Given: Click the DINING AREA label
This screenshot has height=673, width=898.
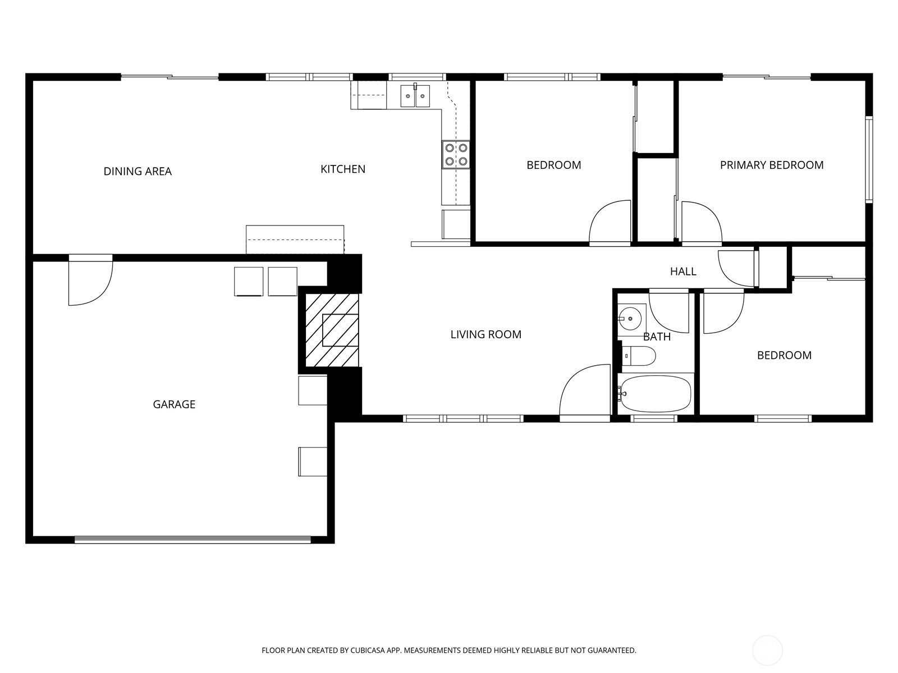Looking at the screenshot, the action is click(138, 171).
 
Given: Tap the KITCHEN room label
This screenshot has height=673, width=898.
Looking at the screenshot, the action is click(343, 169).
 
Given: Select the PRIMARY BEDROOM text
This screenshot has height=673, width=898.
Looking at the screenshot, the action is click(772, 165).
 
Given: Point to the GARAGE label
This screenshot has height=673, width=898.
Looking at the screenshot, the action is click(174, 404).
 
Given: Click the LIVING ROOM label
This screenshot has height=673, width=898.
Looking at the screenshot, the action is click(485, 334).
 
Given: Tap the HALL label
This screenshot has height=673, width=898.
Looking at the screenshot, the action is click(683, 271).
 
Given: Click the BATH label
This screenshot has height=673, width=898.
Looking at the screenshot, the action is click(657, 336).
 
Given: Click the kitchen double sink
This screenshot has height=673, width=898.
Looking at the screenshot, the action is click(415, 96).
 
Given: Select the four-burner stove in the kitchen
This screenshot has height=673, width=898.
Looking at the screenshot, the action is click(456, 155).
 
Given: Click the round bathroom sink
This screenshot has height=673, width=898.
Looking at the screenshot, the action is click(630, 319).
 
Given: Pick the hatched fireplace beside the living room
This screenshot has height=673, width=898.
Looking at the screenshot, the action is click(332, 330).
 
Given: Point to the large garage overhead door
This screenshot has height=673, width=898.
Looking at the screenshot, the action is click(193, 540).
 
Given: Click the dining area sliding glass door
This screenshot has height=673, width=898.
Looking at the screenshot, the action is click(169, 76).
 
